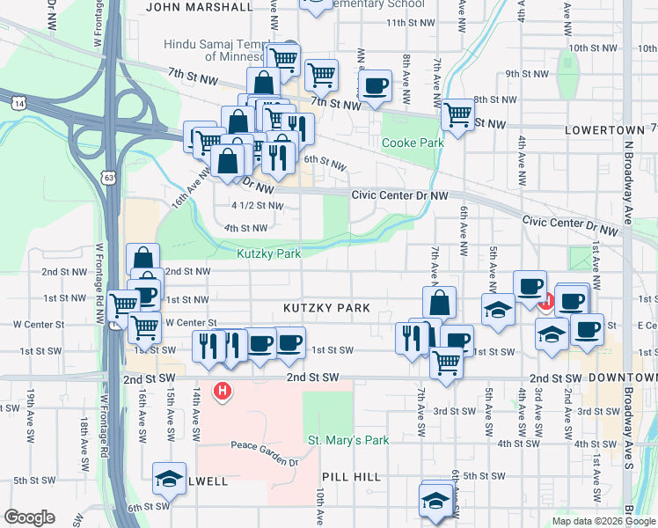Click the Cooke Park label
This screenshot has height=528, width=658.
pyautogui.click(x=412, y=143)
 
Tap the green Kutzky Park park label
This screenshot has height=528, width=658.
pyautogui.click(x=268, y=253)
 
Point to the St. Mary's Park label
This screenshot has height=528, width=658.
pyautogui.click(x=347, y=440)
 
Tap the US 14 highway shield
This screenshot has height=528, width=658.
pyautogui.click(x=18, y=103)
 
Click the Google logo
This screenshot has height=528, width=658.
pyautogui.click(x=28, y=517)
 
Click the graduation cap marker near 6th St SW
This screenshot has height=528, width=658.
pyautogui.click(x=435, y=500)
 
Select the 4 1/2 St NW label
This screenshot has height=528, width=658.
pyautogui.click(x=257, y=205)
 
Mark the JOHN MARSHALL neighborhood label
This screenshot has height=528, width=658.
pyautogui.click(x=199, y=7)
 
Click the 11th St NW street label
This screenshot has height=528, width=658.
pyautogui.click(x=412, y=22)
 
